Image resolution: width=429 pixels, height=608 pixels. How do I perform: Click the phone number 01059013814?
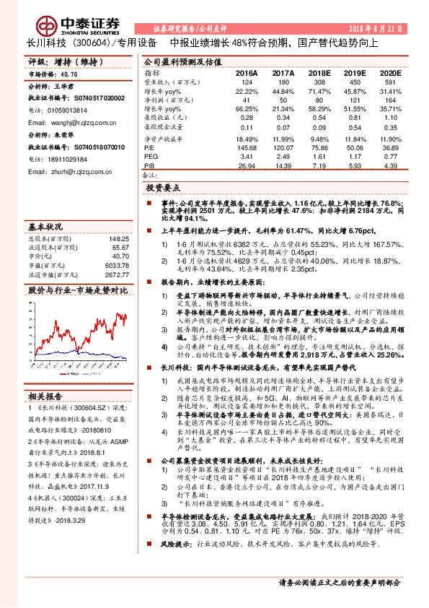point(66,110)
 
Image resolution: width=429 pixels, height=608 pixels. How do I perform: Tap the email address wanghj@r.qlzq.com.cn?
point(68,123)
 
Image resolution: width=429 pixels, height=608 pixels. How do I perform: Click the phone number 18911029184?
point(66,159)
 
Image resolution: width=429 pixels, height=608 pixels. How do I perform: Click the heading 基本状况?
point(45,225)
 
